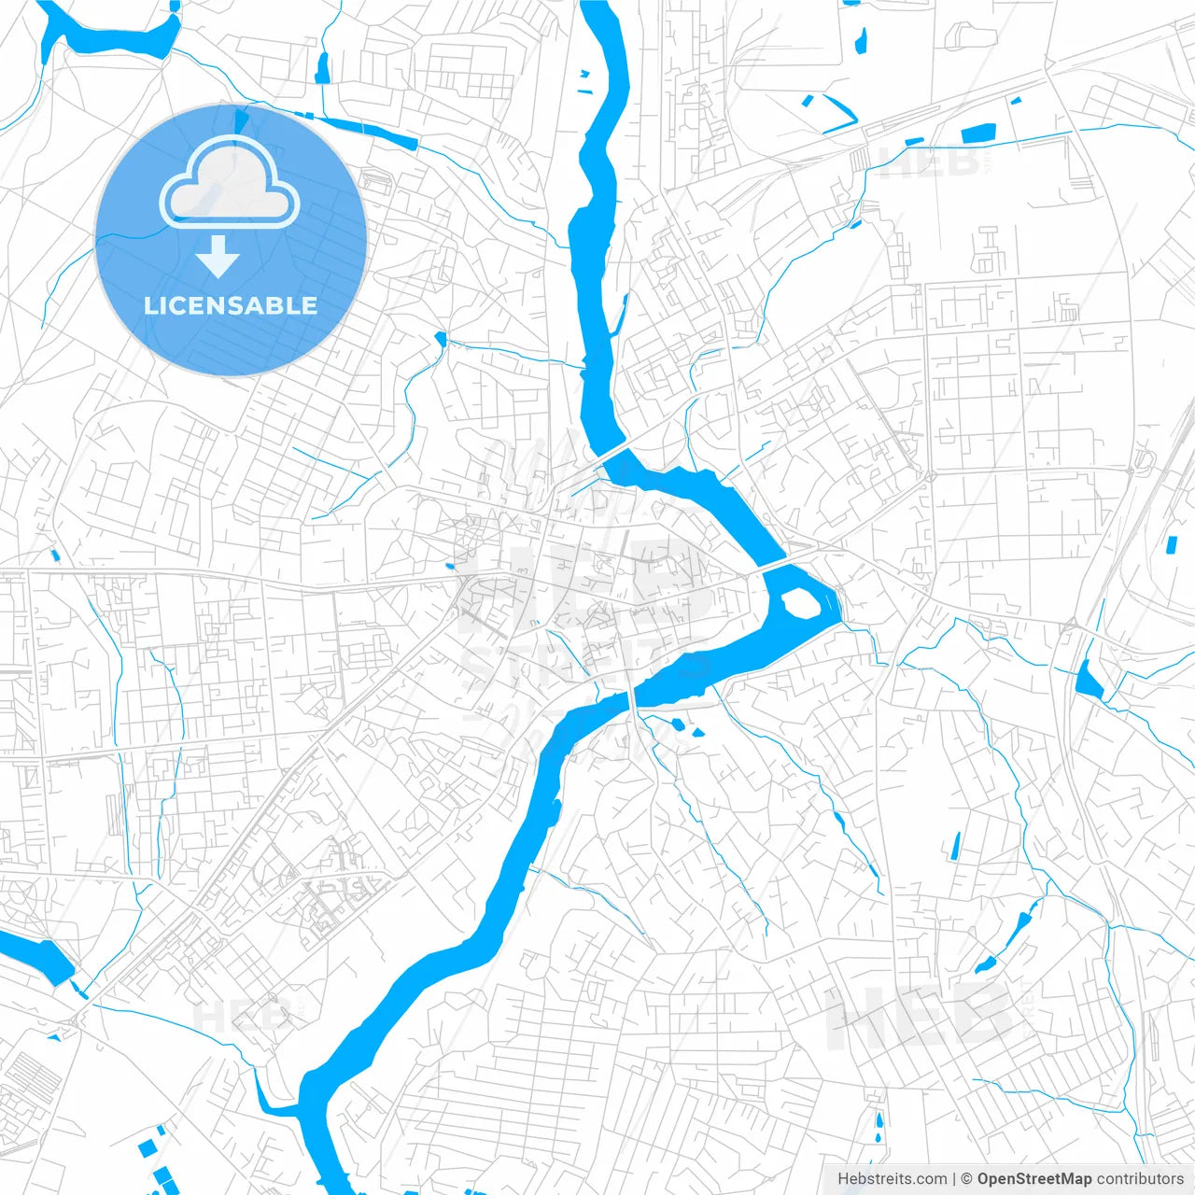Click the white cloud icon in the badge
click(x=230, y=184)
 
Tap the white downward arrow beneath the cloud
click(x=218, y=257)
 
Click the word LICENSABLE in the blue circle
click(x=231, y=305)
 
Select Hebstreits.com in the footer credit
click(x=893, y=1179)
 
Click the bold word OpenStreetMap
click(x=1033, y=1179)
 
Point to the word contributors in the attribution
click(x=1139, y=1179)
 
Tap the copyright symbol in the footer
click(x=967, y=1179)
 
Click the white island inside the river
click(x=800, y=603)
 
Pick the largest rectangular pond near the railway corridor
click(x=979, y=134)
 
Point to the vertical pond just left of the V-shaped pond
click(x=861, y=40)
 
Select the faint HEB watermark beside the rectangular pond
click(x=929, y=163)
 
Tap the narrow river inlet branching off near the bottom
click(x=271, y=1102)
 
